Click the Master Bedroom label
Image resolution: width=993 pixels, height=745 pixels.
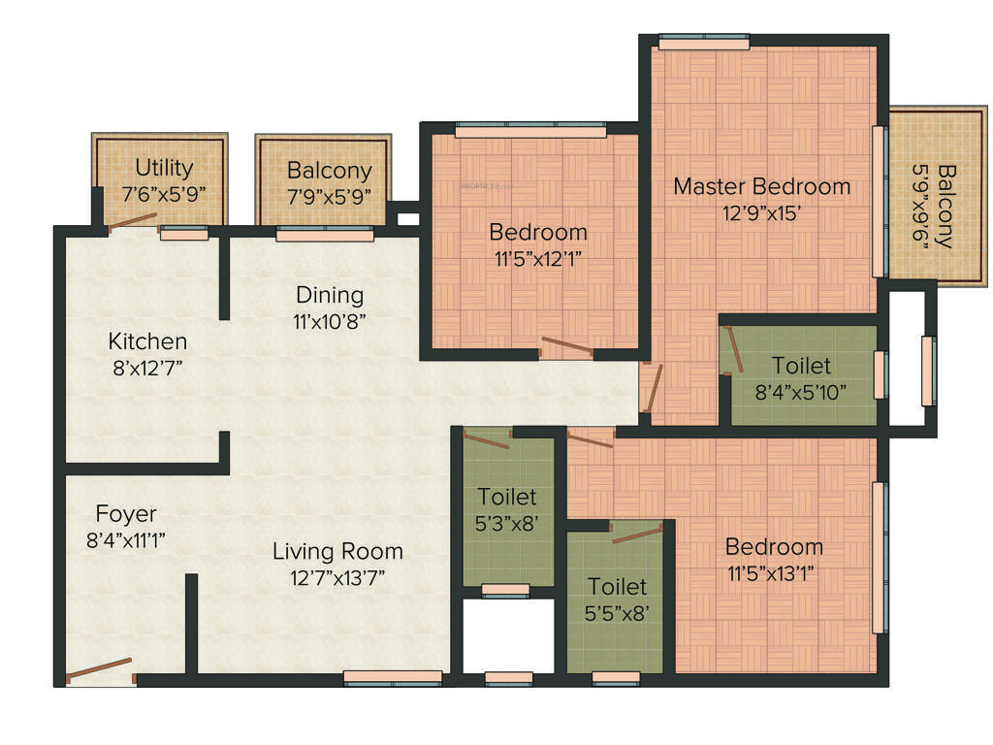click(x=761, y=185)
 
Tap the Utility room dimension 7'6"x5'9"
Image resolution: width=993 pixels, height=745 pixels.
click(x=164, y=193)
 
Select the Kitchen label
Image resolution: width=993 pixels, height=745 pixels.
click(x=147, y=341)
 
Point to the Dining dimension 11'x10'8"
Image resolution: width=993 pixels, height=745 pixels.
click(x=330, y=319)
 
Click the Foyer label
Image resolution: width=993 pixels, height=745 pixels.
click(x=126, y=513)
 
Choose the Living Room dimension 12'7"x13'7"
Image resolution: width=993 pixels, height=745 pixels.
click(x=336, y=577)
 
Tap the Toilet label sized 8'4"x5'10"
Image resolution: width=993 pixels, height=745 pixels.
click(x=801, y=366)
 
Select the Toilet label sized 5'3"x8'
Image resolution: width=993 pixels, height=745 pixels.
click(x=506, y=497)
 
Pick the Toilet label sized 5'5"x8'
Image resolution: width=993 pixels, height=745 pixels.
click(x=618, y=586)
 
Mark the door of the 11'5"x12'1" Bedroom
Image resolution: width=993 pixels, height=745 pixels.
click(x=566, y=345)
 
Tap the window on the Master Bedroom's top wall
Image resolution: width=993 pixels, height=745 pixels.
click(x=703, y=42)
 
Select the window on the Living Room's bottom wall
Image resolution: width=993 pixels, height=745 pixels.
click(x=393, y=678)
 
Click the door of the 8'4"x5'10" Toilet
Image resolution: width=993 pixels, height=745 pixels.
click(x=733, y=350)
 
